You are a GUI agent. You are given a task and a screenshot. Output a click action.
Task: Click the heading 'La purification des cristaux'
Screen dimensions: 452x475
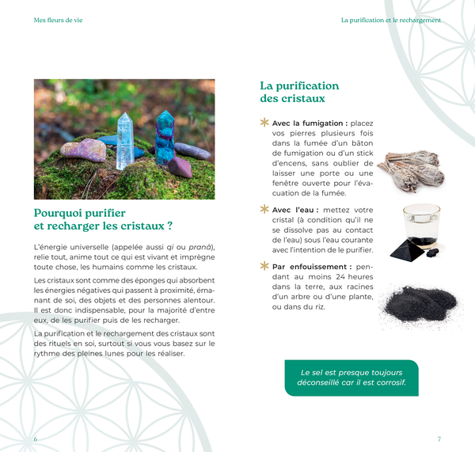click(299, 92)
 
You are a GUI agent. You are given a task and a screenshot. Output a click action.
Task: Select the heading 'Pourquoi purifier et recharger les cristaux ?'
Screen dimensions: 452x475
click(103, 219)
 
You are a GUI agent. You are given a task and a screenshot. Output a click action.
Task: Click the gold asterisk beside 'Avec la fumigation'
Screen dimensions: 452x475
click(264, 123)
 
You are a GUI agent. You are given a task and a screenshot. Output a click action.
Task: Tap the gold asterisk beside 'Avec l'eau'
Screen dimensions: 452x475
click(264, 210)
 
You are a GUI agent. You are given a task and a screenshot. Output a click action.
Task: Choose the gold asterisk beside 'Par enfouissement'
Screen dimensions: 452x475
click(264, 267)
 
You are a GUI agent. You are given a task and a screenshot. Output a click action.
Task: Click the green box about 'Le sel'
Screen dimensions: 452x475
click(351, 378)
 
